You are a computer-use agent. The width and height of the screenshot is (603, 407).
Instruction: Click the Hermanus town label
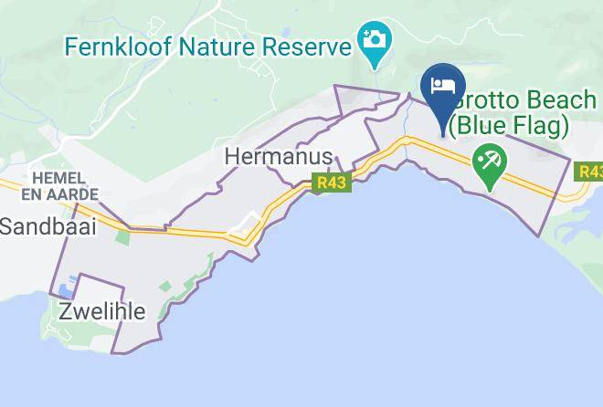278,157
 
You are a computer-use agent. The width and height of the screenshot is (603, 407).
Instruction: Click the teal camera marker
374,41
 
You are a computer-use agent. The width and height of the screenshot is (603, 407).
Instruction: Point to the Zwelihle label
101,311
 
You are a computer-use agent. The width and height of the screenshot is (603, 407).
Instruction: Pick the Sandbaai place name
48,227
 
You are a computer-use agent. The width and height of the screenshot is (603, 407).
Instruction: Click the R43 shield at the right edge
590,171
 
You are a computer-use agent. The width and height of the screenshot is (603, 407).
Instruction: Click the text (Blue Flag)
507,123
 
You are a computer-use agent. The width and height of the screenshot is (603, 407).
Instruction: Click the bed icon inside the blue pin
443,85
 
